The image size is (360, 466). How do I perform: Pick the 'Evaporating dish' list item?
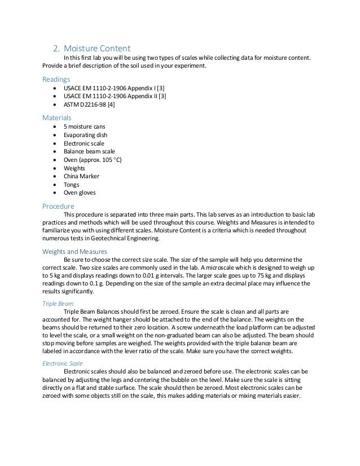point(86,135)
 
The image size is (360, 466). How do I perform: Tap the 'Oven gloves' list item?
point(80,192)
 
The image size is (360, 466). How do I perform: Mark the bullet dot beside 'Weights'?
point(54,168)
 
